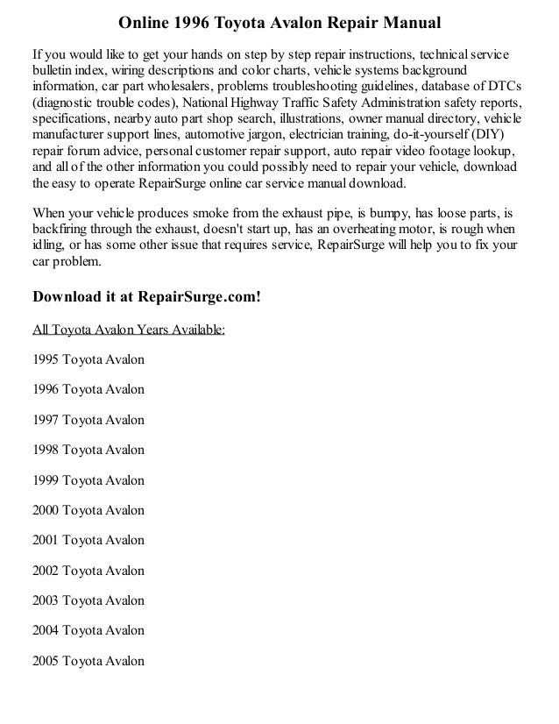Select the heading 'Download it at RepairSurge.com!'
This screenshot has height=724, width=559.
[x=146, y=295]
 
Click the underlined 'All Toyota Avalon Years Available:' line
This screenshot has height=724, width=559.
[x=128, y=330]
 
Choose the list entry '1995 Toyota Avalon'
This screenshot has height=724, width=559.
[x=88, y=359]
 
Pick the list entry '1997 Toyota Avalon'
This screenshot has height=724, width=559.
[x=88, y=420]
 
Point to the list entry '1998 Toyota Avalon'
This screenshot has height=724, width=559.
[x=88, y=451]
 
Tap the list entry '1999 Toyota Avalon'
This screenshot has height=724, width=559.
[x=88, y=480]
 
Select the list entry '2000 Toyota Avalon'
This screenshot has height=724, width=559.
[x=88, y=510]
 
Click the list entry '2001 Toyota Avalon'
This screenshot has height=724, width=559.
[x=88, y=541]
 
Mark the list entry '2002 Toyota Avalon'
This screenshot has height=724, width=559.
[x=88, y=571]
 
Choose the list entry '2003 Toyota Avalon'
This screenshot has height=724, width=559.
[x=88, y=601]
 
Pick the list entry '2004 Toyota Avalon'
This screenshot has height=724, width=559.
[x=88, y=631]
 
